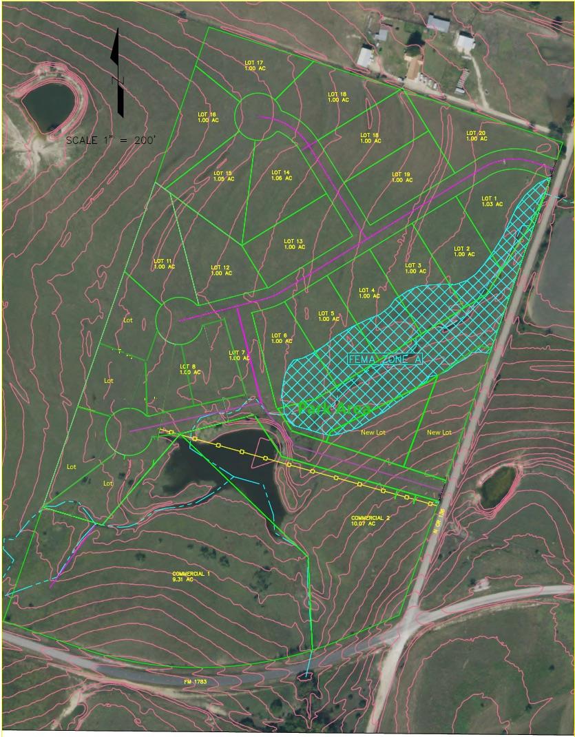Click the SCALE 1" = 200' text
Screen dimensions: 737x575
(111, 140)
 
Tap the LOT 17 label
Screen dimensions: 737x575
(254, 65)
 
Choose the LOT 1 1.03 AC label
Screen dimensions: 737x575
(492, 201)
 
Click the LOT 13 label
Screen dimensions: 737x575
(294, 244)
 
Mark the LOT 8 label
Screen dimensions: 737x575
(189, 369)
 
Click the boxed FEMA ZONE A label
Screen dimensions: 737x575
(384, 359)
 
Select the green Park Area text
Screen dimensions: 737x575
(335, 409)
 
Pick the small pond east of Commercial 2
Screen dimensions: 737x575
(498, 486)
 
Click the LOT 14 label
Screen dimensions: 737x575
(282, 175)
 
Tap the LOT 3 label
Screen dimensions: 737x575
(413, 268)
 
